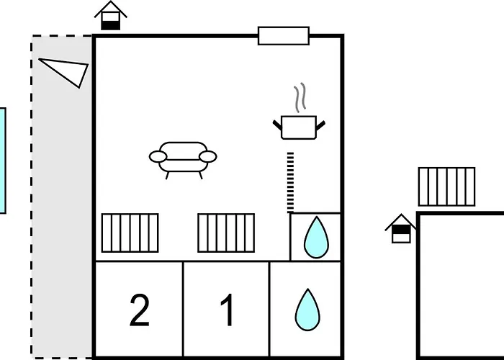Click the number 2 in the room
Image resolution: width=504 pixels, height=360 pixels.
[140, 310]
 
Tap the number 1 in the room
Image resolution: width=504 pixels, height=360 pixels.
[227, 310]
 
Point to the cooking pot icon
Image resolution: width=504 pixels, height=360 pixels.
[300, 127]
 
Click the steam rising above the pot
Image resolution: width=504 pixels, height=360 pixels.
[300, 98]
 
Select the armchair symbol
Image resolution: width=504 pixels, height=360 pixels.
[183, 158]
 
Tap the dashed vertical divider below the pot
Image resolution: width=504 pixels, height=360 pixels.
[290, 182]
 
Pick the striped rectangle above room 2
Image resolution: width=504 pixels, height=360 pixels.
[130, 233]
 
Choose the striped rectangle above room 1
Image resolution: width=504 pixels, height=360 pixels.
[226, 233]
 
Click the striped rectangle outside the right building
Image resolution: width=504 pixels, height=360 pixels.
[446, 186]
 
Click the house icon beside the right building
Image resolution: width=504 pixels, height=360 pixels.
[401, 229]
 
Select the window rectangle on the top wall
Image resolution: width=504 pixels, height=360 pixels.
[284, 36]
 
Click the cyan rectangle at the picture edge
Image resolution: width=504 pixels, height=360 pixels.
[2, 161]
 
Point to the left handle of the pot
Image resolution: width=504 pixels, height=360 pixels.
[277, 127]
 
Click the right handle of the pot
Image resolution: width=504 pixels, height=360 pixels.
[322, 127]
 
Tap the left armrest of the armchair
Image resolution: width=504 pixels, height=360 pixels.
[158, 156]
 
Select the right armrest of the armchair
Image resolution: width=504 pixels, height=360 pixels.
[208, 156]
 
